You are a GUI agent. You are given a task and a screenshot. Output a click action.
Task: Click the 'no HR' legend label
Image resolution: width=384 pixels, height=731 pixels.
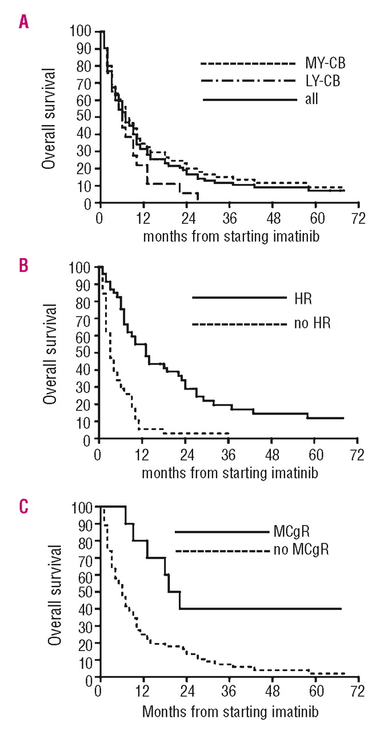pyautogui.click(x=314, y=324)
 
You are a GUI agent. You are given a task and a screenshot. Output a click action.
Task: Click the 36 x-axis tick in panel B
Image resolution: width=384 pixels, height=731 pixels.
pyautogui.click(x=229, y=455)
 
